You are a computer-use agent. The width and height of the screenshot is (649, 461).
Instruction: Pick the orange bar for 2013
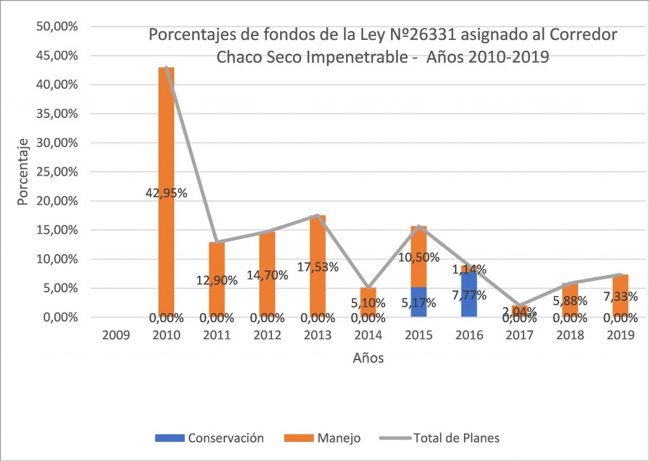(x=318, y=241)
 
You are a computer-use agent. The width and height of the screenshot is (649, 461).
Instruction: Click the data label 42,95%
(x=166, y=193)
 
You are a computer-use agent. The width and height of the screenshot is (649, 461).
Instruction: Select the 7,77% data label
(x=470, y=295)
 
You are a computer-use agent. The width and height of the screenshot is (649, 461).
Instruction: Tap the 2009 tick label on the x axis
(x=116, y=335)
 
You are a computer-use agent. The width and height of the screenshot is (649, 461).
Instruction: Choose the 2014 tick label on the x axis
(x=368, y=335)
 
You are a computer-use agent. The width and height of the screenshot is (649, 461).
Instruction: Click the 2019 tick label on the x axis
(x=620, y=335)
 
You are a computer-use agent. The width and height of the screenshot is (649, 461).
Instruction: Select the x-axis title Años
(x=368, y=358)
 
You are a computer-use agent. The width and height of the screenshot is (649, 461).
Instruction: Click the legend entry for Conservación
(x=219, y=438)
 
